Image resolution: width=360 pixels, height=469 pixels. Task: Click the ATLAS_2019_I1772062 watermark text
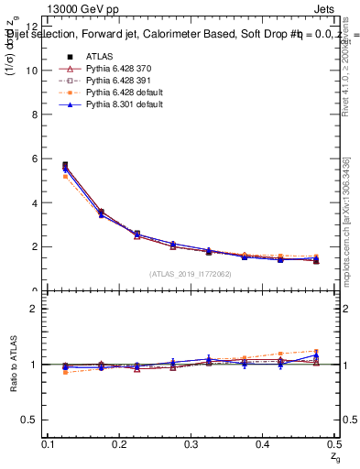[191, 274]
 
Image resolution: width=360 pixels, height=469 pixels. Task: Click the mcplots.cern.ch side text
[347, 220]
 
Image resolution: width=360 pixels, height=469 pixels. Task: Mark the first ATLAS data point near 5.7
[65, 165]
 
